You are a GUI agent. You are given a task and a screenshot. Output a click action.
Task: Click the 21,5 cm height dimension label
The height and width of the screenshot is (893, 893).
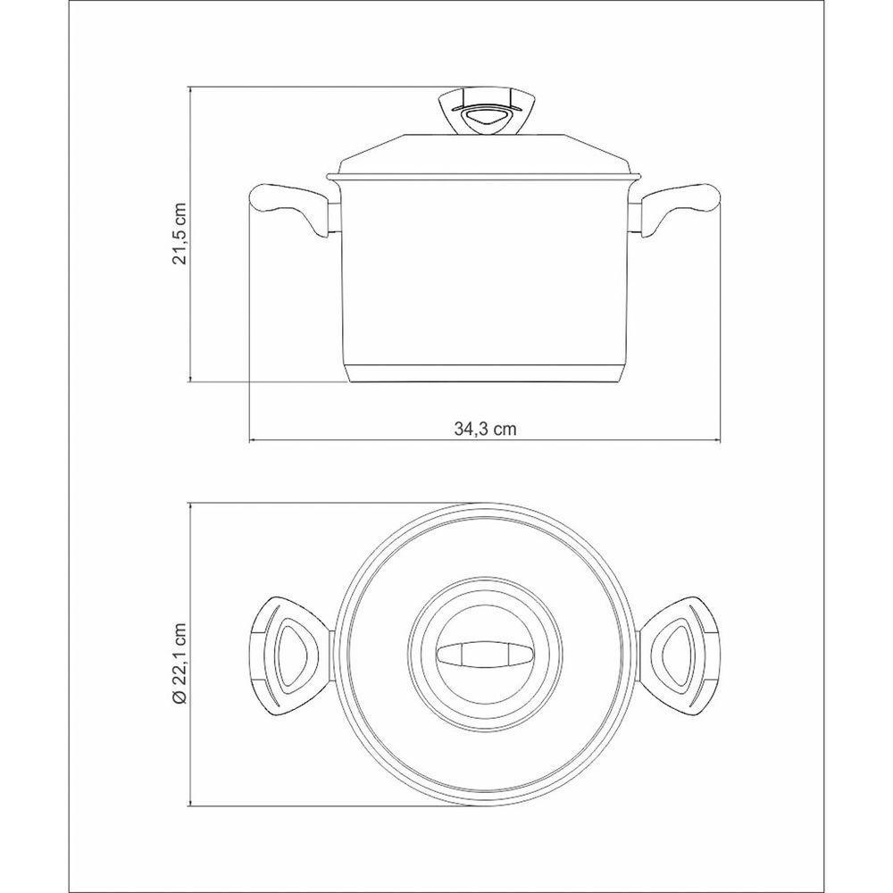pos(180,234)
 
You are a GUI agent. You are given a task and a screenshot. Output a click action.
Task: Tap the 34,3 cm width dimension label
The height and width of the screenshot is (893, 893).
pos(485,429)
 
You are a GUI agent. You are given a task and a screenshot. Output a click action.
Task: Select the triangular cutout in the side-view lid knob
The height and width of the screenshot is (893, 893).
pos(485,117)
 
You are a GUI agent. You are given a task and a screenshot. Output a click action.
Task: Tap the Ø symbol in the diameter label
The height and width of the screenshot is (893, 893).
pos(179,698)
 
